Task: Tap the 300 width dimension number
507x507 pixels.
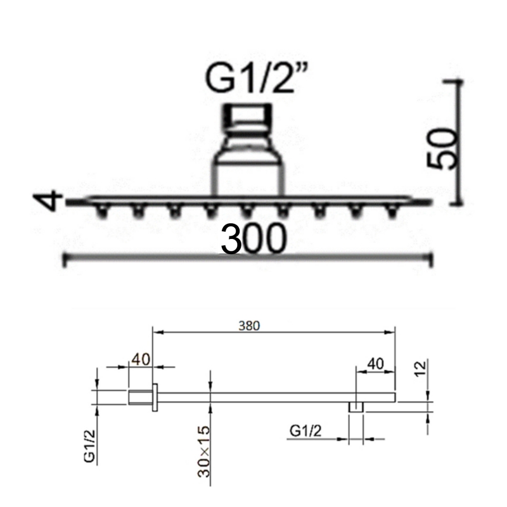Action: (253, 239)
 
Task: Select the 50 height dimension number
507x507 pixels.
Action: (442, 148)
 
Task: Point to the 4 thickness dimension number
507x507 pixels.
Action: (49, 200)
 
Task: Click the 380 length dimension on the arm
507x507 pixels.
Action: (249, 326)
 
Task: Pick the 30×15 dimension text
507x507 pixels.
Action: (204, 452)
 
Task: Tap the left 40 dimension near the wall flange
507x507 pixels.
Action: (141, 359)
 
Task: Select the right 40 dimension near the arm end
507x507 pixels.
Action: (375, 364)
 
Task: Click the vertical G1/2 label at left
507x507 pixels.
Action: (89, 446)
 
